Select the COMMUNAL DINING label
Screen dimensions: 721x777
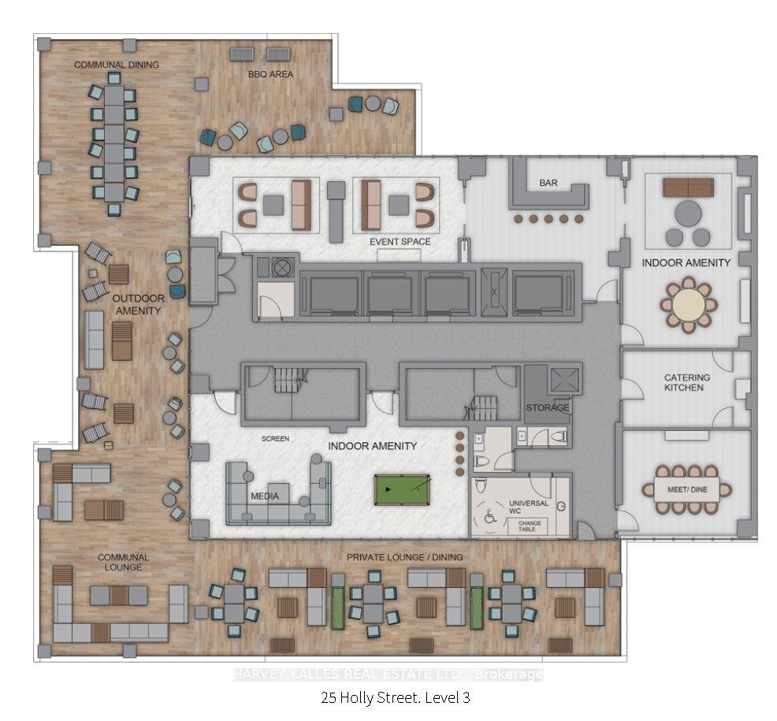pyautogui.click(x=117, y=65)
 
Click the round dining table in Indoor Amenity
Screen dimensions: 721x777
pyautogui.click(x=688, y=303)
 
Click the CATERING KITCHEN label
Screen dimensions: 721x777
pyautogui.click(x=686, y=382)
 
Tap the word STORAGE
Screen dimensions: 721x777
pyautogui.click(x=548, y=407)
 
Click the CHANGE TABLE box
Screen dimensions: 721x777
pyautogui.click(x=528, y=526)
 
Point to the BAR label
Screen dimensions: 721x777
pyautogui.click(x=548, y=183)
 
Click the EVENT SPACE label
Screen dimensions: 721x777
pyautogui.click(x=400, y=241)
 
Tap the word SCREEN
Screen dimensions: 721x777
pyautogui.click(x=275, y=439)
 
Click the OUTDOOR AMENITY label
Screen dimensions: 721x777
pyautogui.click(x=137, y=304)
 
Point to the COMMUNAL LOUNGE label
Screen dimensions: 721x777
pyautogui.click(x=123, y=562)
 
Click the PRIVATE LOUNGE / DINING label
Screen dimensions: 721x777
pyautogui.click(x=405, y=557)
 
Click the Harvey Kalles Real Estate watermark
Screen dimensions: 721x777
pyautogui.click(x=388, y=675)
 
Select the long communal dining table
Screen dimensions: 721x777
pyautogui.click(x=114, y=142)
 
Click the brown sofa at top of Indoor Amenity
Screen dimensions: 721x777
pyautogui.click(x=688, y=187)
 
